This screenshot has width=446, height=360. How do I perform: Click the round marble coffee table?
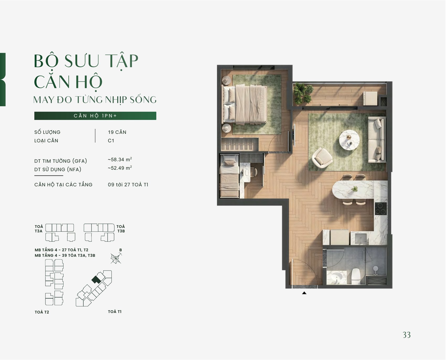[349, 140]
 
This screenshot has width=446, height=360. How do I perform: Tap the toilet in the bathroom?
[356, 276]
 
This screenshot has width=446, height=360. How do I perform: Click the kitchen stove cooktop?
[381, 209]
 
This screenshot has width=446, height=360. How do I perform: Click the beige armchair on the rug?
[322, 158]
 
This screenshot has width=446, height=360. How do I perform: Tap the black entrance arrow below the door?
[304, 293]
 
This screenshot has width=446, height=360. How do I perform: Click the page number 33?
[407, 335]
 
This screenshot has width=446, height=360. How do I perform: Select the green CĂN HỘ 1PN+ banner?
[95, 116]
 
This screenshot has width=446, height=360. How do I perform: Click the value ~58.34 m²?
[120, 159]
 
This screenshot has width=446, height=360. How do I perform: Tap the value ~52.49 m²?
[120, 168]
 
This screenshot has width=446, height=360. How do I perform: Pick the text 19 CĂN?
[117, 132]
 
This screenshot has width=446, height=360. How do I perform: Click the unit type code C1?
[111, 141]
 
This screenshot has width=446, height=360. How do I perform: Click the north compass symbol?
[116, 259]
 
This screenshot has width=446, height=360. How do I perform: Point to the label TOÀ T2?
[42, 312]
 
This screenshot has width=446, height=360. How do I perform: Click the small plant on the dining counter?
[354, 189]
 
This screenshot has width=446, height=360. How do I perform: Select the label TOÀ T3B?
[121, 229]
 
